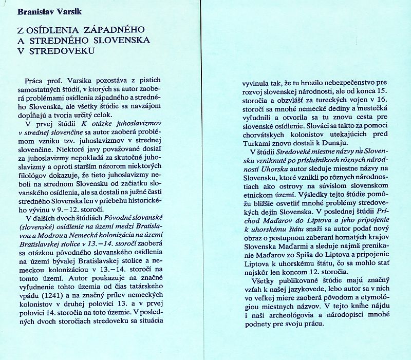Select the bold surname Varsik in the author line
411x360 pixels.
[x=72, y=9]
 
